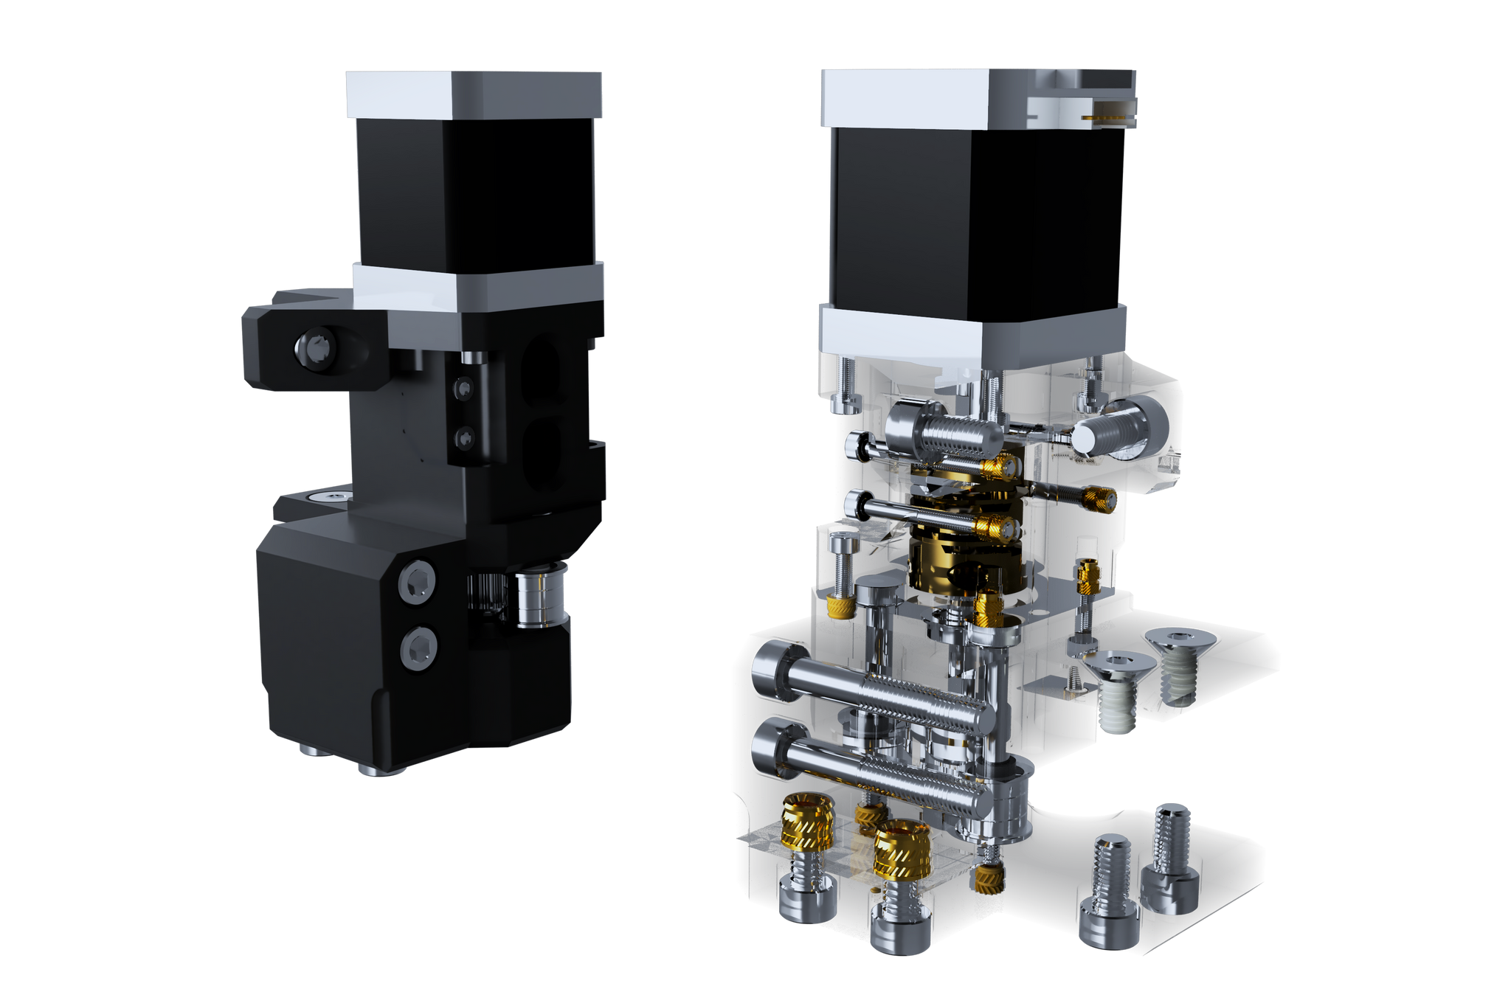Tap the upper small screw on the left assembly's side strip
465,386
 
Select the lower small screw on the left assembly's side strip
465,439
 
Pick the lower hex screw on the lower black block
418,648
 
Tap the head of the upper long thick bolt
770,668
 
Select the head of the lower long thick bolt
770,751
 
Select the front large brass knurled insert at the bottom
903,848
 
